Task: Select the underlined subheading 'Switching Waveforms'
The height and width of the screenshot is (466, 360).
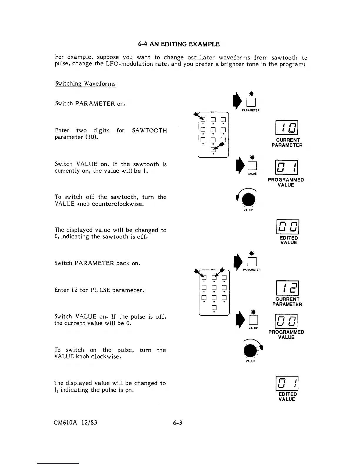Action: (85, 84)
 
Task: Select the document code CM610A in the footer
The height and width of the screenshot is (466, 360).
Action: (65, 423)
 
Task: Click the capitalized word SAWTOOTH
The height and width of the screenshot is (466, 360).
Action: (149, 131)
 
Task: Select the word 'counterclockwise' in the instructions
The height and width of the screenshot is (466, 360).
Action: (115, 204)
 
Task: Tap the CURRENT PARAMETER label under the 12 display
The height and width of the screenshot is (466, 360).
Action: (287, 302)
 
